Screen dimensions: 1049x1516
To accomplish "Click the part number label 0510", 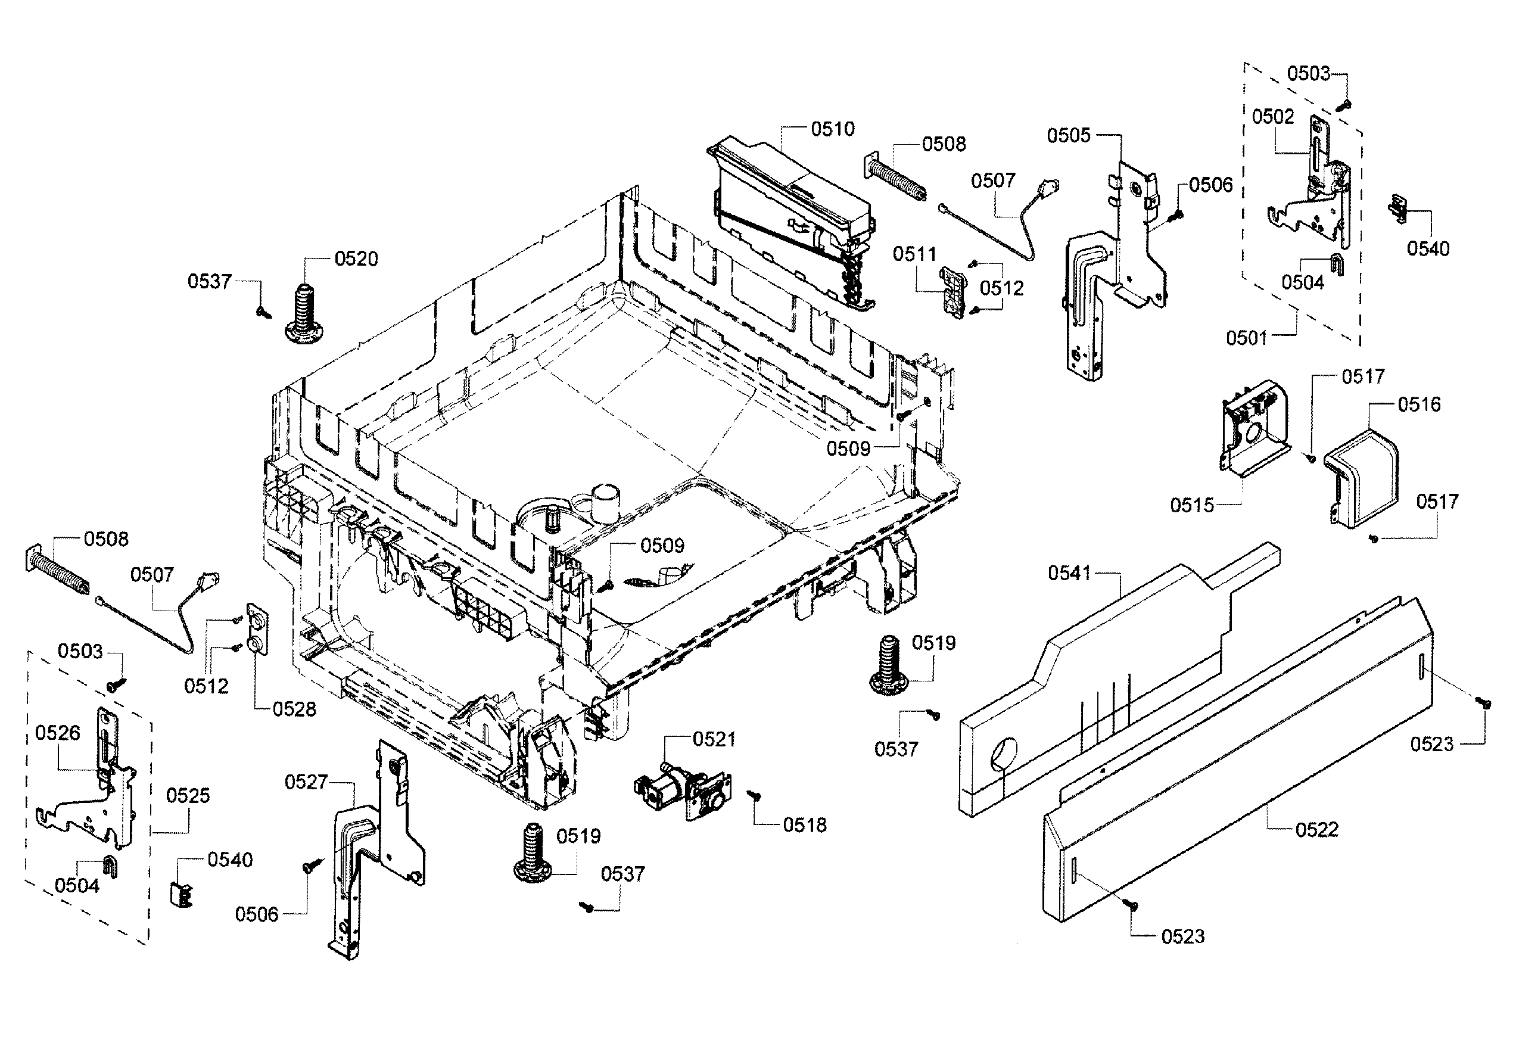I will coord(832,129).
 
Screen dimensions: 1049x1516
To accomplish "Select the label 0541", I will coord(1069,573).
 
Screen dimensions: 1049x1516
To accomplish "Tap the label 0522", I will coord(1316,829).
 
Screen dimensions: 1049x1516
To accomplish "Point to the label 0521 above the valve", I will coord(714,739).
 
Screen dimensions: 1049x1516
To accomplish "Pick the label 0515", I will coord(1191,506).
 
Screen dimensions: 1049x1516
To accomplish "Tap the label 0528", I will coord(294,709).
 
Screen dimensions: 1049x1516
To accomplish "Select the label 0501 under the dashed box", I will coord(1246,338).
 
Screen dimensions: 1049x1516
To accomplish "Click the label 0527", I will coord(306,782).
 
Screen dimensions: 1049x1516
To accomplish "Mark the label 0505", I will coord(1068,135).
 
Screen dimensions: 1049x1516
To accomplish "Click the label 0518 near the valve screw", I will coord(804,826).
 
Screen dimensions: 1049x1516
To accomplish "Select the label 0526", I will coord(57,733).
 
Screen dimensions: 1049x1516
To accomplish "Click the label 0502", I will coord(1272,116).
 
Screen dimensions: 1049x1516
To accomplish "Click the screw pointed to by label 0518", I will coord(755,796).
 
